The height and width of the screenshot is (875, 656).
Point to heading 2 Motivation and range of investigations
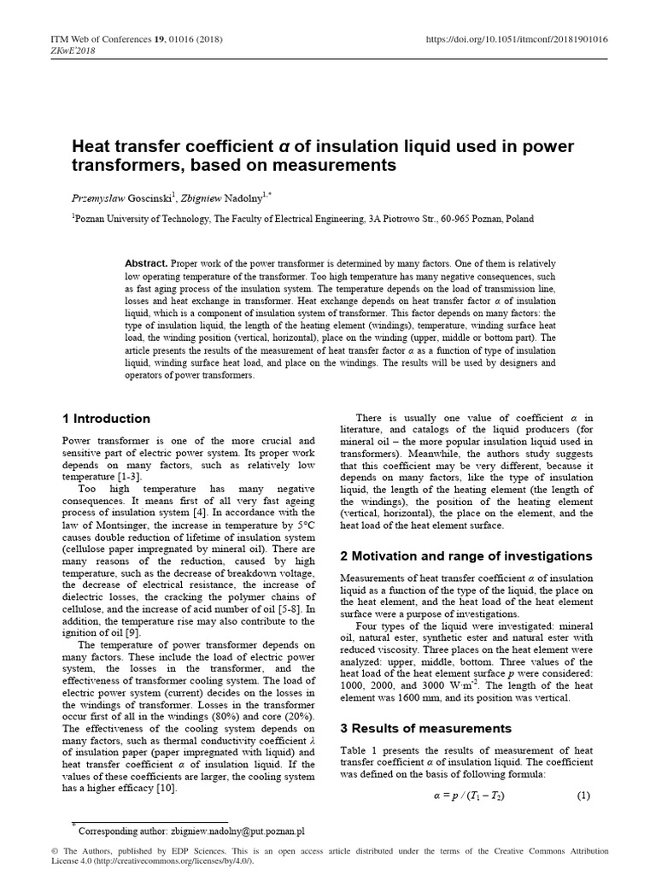pyautogui.click(x=466, y=555)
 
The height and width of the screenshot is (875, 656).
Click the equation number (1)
pyautogui.click(x=584, y=796)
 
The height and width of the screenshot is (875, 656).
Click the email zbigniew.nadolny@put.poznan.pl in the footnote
pyautogui.click(x=225, y=831)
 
